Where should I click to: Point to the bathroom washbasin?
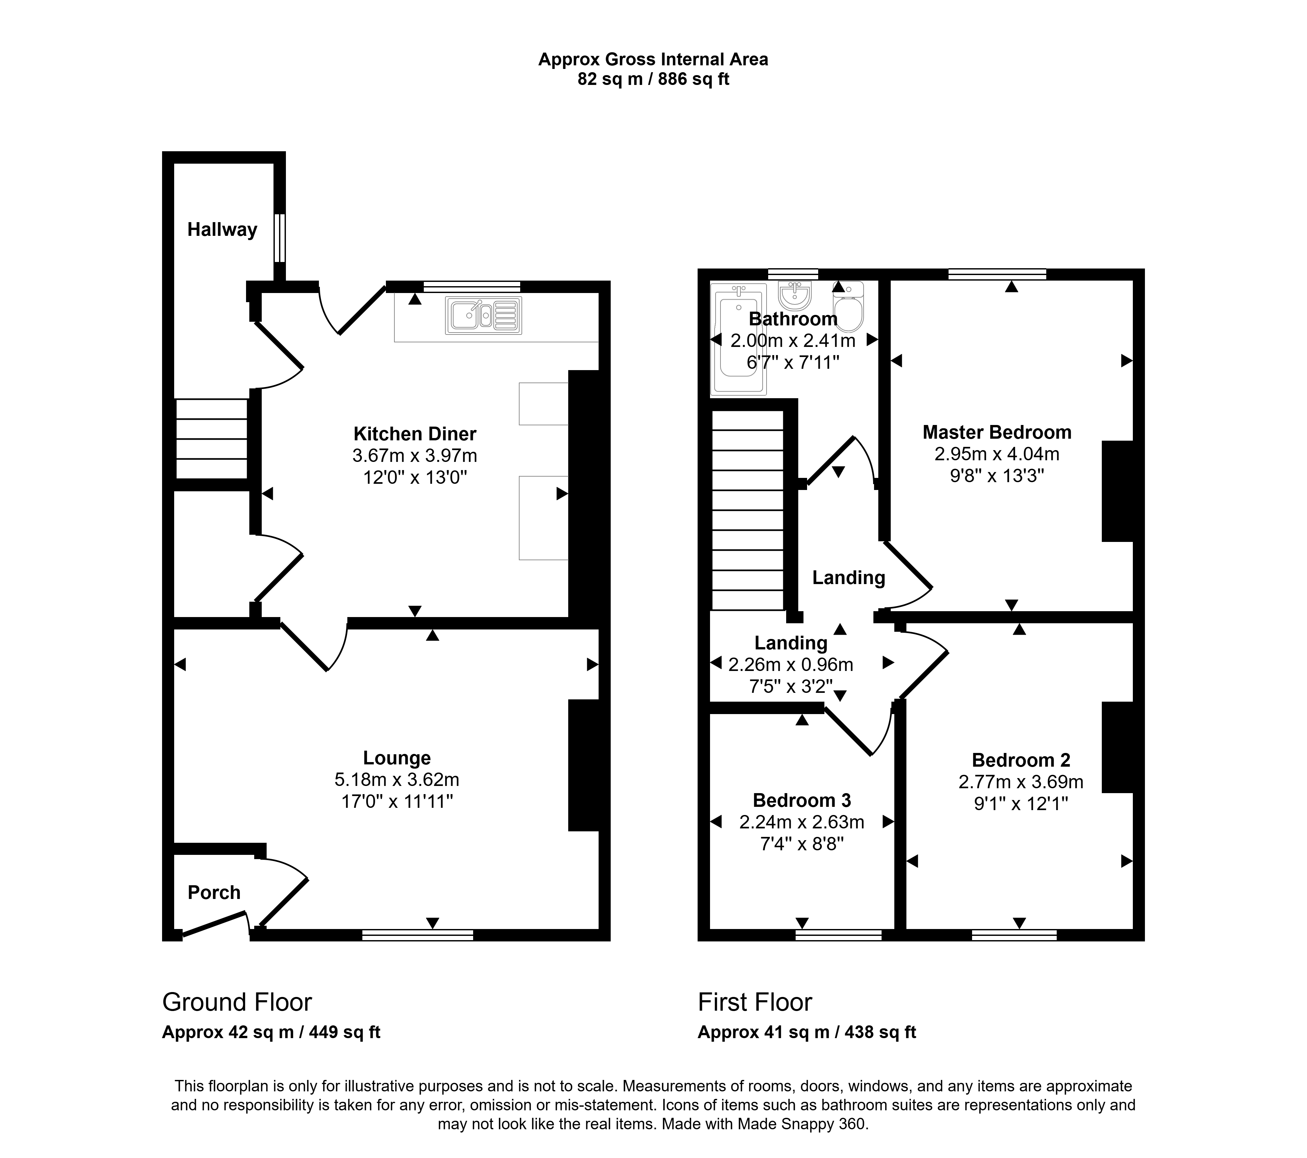[x=795, y=295]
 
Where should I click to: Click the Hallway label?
[x=222, y=230]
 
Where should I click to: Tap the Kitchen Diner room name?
[x=415, y=434]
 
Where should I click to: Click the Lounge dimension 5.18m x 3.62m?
[x=397, y=780]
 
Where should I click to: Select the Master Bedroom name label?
[x=997, y=432]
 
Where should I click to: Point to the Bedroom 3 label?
[x=802, y=801]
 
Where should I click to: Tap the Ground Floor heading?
[x=237, y=1002]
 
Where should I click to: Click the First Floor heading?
[x=755, y=1002]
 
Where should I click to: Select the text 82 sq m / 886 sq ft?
[x=653, y=79]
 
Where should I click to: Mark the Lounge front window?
[x=418, y=935]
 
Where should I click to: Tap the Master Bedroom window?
[x=997, y=274]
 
